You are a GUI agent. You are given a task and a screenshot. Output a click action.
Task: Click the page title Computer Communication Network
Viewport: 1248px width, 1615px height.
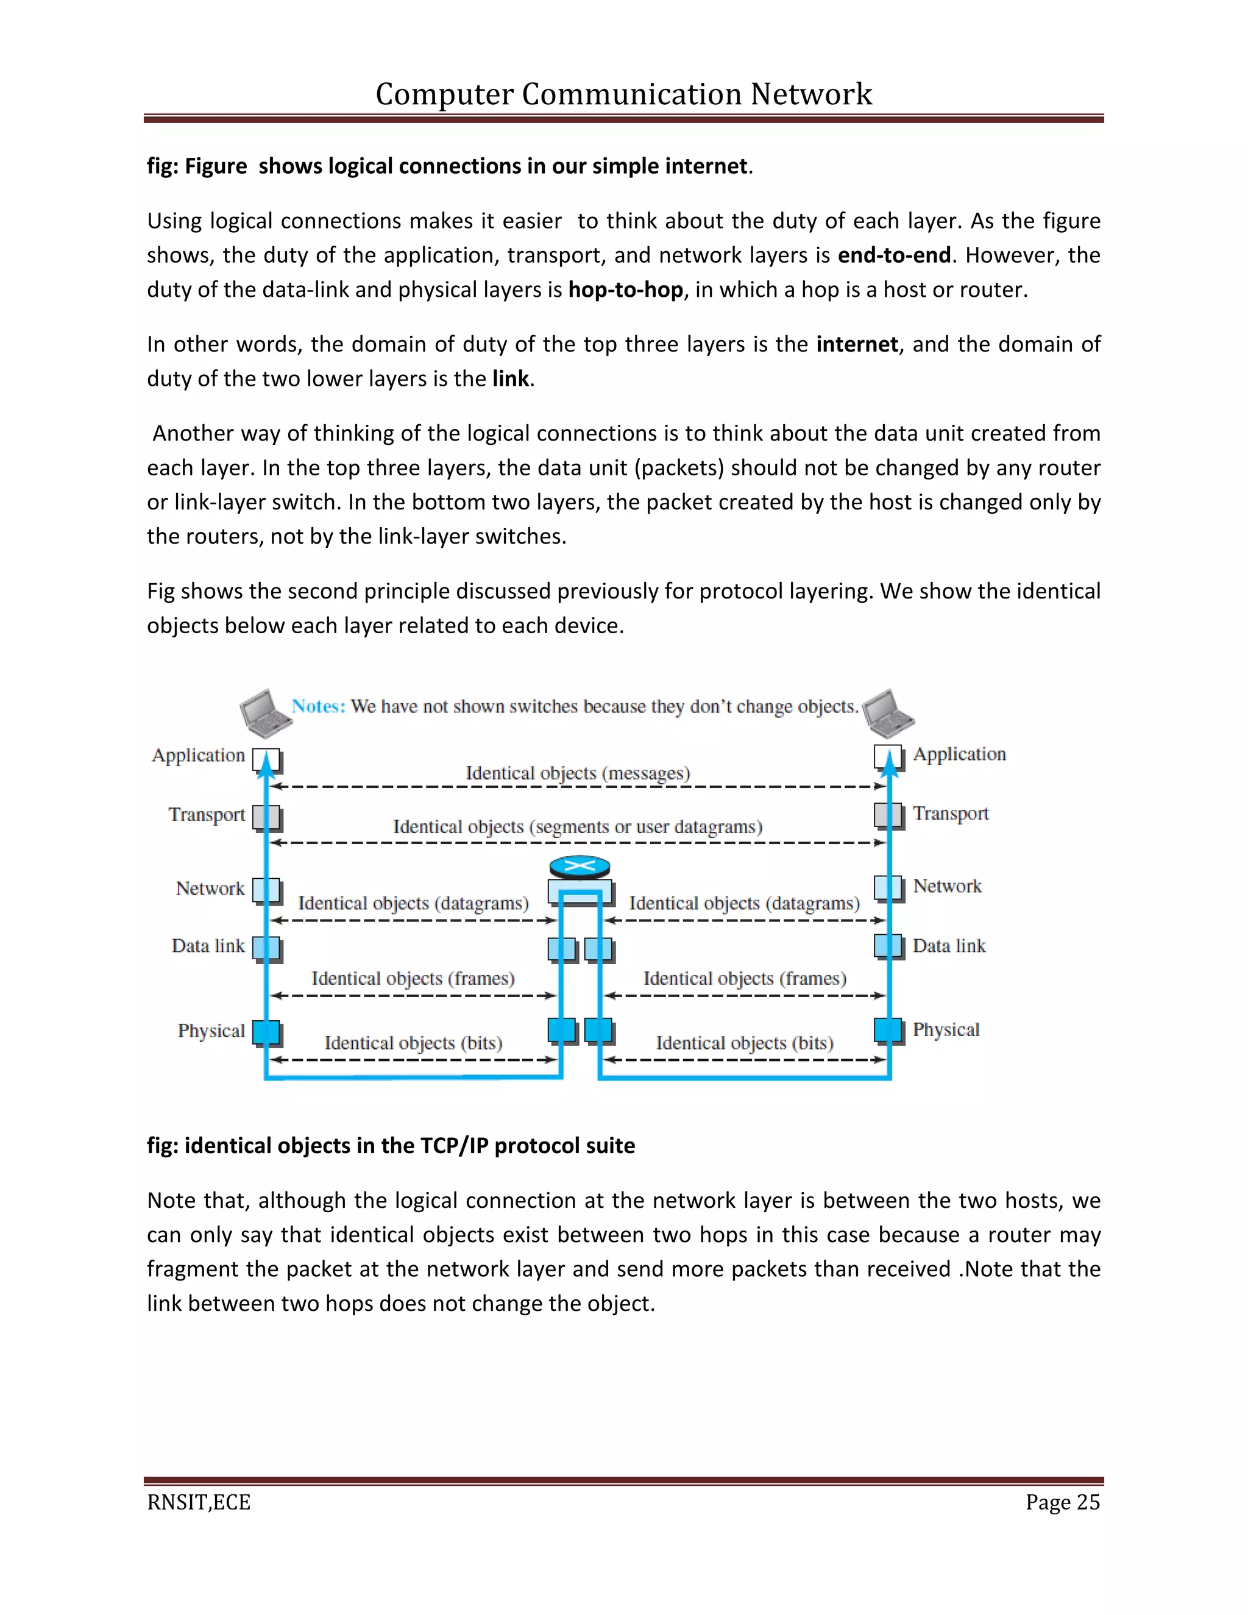click(x=623, y=94)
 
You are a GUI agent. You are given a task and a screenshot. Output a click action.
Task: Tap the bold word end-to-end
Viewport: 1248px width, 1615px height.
click(x=894, y=255)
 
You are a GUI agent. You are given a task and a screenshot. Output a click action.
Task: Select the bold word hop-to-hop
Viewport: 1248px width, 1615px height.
click(x=625, y=290)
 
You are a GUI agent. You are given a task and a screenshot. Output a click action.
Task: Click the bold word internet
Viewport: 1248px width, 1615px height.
click(x=857, y=344)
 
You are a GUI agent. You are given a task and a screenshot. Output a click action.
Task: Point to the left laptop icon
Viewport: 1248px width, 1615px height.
click(x=264, y=713)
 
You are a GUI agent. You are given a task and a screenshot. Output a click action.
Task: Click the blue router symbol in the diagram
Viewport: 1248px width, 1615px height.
click(x=580, y=867)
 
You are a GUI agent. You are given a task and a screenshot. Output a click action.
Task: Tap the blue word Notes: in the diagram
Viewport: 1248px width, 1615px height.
click(x=318, y=706)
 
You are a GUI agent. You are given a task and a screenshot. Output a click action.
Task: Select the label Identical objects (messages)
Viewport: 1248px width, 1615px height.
click(x=578, y=773)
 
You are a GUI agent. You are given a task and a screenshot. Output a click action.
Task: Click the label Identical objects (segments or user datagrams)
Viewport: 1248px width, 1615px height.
click(x=578, y=827)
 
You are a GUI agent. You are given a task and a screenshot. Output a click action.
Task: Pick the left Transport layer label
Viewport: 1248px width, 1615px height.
click(x=207, y=814)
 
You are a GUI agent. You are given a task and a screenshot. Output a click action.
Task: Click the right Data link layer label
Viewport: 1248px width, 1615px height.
click(x=949, y=946)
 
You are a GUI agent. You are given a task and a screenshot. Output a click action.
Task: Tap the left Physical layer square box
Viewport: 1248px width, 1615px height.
click(x=266, y=1032)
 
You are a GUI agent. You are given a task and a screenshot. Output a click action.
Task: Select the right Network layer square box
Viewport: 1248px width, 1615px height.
click(x=887, y=887)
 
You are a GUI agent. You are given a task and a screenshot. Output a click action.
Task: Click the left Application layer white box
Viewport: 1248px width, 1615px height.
click(x=266, y=759)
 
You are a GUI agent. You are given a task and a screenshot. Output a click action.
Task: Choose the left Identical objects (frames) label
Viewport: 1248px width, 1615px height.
click(x=413, y=978)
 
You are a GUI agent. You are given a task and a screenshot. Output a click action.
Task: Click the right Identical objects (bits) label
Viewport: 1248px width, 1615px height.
click(x=745, y=1043)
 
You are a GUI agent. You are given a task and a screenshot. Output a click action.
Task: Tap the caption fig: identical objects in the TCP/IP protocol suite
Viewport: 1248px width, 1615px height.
click(x=391, y=1146)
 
